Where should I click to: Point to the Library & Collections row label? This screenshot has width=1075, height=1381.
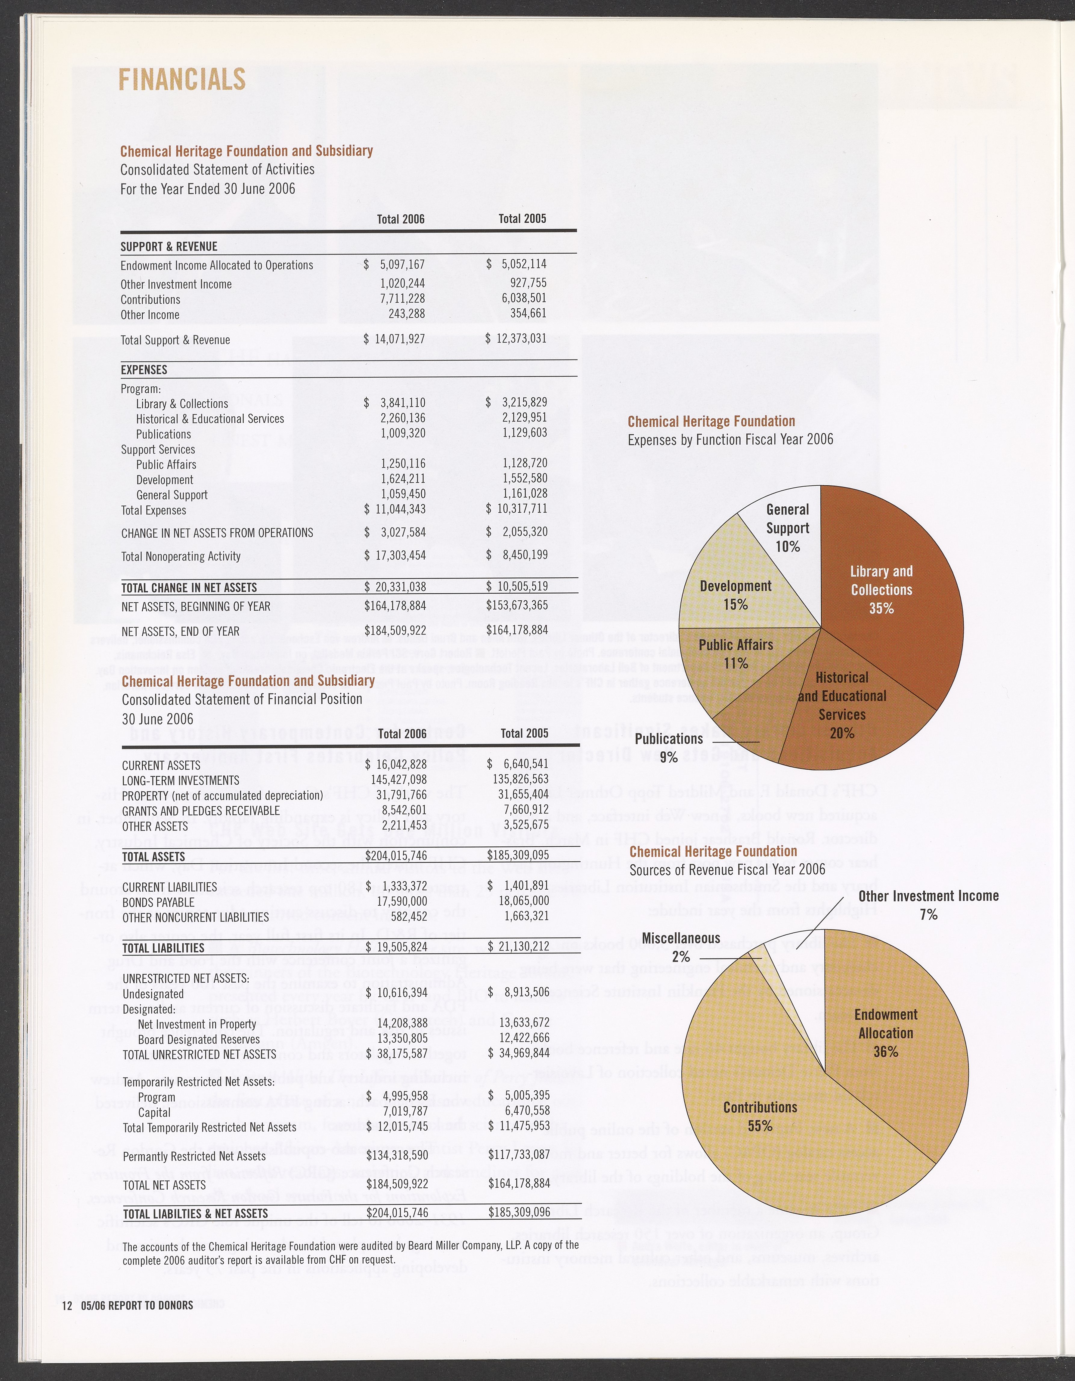click(x=182, y=403)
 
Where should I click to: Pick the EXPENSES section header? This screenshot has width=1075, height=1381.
click(x=144, y=370)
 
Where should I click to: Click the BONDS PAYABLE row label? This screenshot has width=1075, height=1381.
click(x=158, y=902)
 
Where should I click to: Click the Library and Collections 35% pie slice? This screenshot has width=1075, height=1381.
click(x=885, y=588)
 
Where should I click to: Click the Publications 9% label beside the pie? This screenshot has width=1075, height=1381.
click(x=668, y=747)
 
